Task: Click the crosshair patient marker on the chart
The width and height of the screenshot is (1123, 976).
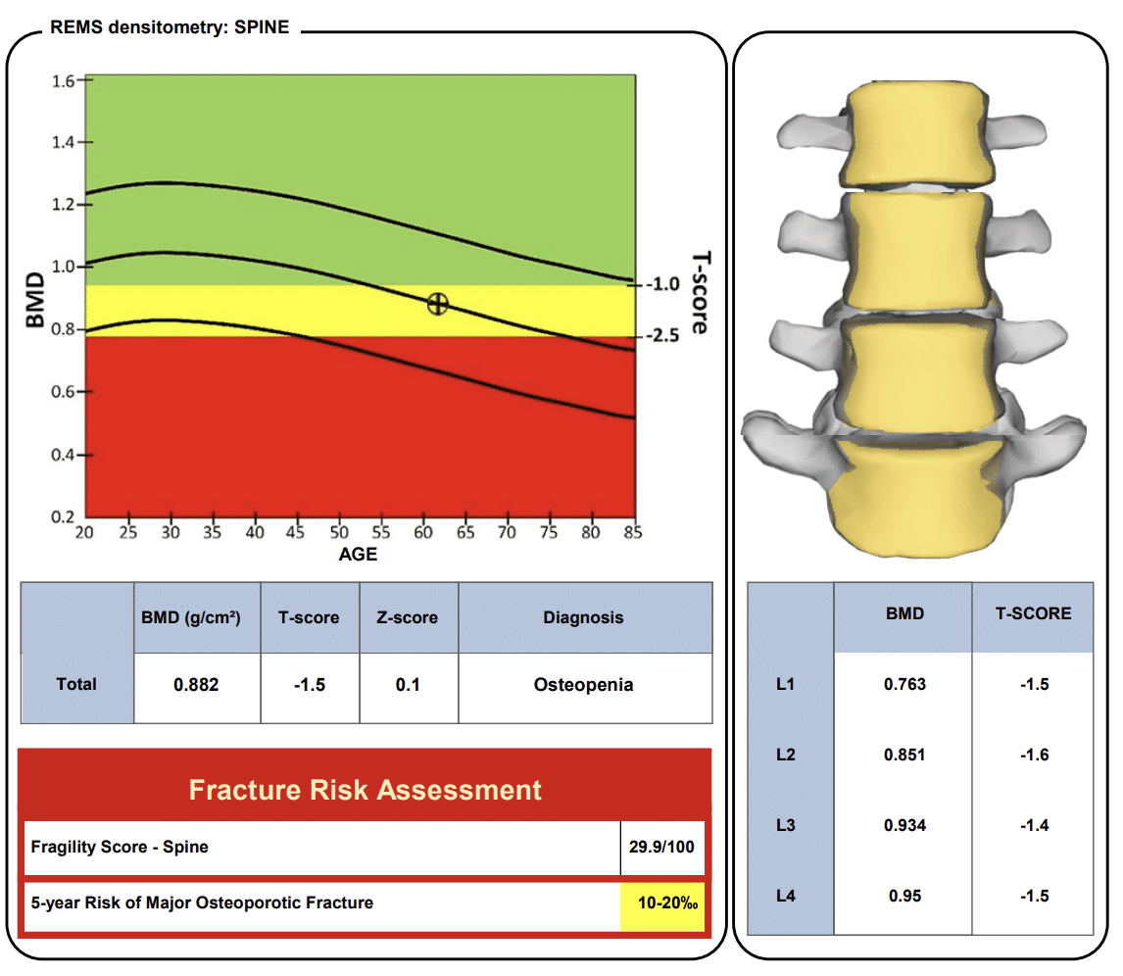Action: point(438,304)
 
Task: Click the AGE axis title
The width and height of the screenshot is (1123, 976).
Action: point(358,555)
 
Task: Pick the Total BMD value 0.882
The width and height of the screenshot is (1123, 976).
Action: point(196,684)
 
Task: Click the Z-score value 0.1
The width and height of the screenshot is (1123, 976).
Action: point(408,684)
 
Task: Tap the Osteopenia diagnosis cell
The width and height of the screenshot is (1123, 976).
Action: point(583,684)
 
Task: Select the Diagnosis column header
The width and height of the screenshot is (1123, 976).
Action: point(583,617)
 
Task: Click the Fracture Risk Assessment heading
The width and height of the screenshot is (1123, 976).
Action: point(365,789)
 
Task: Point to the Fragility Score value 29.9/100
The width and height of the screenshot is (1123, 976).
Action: point(662,847)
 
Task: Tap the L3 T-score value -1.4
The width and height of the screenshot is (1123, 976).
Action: point(1033,825)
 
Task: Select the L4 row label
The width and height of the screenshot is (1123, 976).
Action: point(787,896)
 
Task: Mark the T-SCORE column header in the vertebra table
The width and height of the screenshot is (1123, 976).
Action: point(1033,613)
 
